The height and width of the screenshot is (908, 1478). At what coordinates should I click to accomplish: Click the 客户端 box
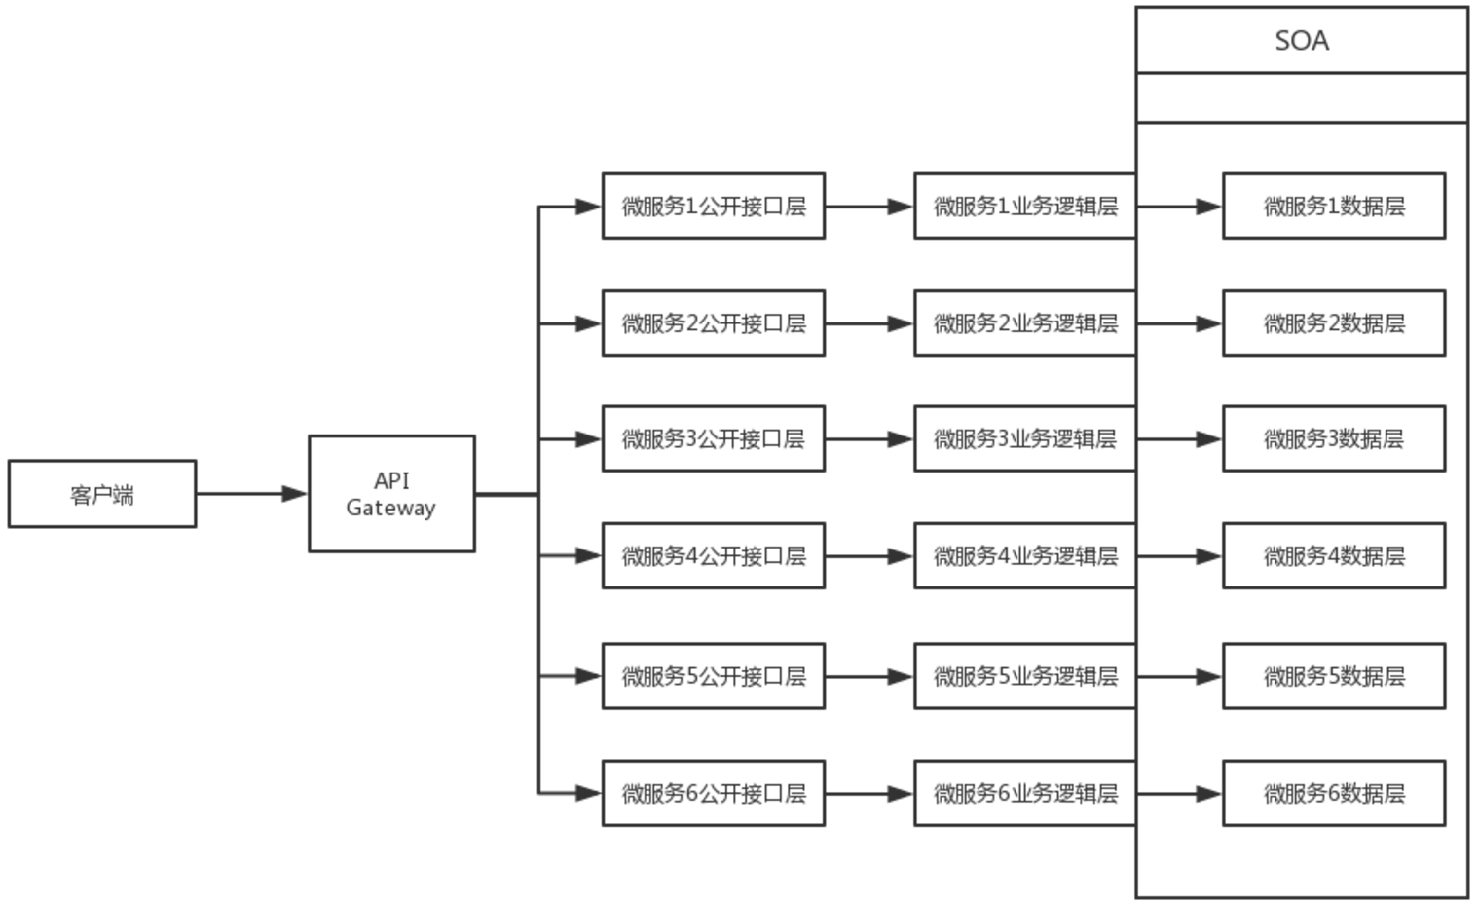tap(102, 494)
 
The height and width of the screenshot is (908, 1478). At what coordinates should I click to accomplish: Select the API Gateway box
tap(391, 494)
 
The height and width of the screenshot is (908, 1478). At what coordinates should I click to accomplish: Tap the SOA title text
tap(1302, 41)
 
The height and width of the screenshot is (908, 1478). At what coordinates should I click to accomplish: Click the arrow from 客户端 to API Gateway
tap(251, 494)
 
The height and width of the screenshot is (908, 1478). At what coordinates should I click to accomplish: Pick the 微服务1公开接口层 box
tap(713, 207)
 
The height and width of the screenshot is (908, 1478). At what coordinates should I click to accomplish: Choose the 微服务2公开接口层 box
tap(713, 323)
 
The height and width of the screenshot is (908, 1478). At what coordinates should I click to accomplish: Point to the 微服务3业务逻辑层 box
tap(1024, 439)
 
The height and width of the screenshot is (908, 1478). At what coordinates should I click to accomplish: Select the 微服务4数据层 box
tap(1334, 556)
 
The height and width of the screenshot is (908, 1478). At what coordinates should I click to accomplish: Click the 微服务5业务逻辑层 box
tap(1024, 676)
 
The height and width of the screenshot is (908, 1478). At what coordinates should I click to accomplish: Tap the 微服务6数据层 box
tap(1334, 794)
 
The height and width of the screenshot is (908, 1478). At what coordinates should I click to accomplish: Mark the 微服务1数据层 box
tap(1334, 207)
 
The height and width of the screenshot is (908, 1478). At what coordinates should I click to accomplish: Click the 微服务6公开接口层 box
tap(713, 794)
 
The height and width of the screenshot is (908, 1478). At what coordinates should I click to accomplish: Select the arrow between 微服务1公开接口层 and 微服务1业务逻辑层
tap(868, 207)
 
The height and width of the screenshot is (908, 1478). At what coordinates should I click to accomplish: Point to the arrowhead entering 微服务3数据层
tap(1208, 439)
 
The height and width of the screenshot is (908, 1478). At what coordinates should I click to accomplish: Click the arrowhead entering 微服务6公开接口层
tap(588, 794)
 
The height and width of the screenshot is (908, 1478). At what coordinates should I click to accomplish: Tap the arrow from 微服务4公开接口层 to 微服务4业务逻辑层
tap(868, 556)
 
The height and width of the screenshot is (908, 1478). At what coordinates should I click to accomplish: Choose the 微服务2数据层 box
tap(1334, 323)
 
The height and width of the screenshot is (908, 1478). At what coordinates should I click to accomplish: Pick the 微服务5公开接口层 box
tap(713, 676)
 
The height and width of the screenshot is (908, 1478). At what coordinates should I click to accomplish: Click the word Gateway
tap(390, 508)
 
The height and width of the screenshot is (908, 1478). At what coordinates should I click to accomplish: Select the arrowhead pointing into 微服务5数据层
tap(1208, 676)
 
